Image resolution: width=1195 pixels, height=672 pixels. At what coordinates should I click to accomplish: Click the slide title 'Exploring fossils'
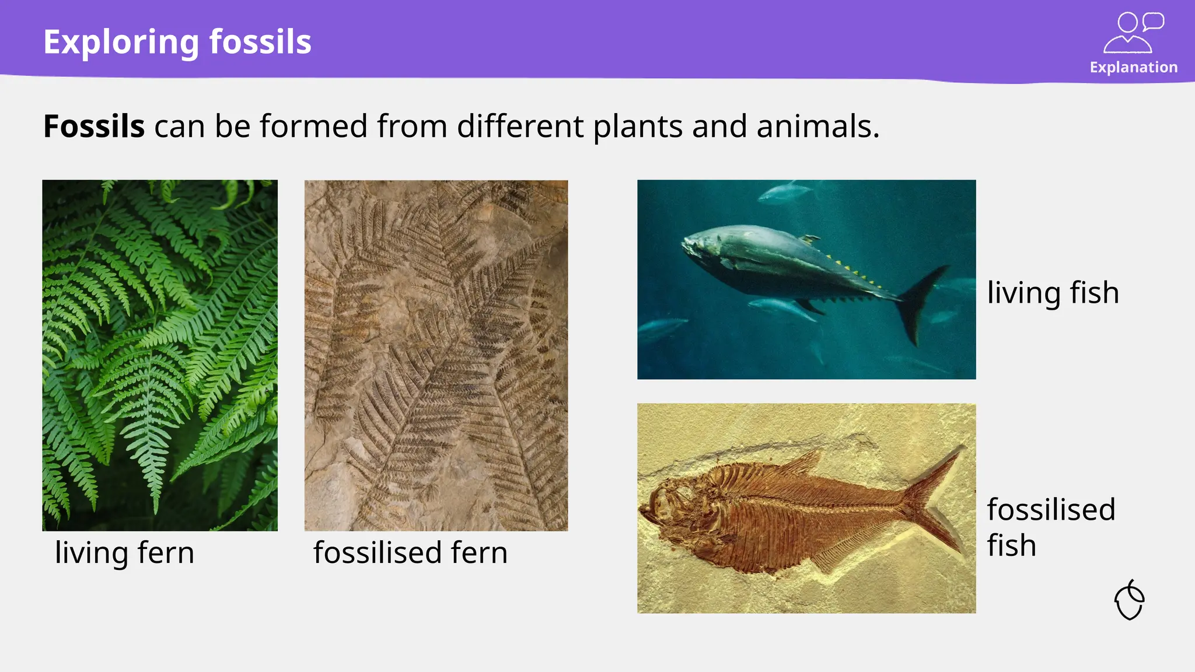[177, 42]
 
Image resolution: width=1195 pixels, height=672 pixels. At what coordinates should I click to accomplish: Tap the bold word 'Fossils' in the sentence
[94, 127]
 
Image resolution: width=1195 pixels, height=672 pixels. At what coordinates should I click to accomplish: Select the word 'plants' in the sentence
[638, 127]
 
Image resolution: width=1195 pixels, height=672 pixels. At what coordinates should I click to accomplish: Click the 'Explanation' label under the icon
[1133, 67]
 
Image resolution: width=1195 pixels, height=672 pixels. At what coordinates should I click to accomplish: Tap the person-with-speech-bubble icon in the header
[1133, 33]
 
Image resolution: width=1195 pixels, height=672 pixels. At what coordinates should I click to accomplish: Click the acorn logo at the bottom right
[1129, 600]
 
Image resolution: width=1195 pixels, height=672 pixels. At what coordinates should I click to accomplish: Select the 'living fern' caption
[124, 552]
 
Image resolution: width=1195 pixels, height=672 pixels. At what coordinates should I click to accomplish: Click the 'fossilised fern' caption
[410, 552]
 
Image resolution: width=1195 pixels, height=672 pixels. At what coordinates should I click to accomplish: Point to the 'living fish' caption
[1053, 292]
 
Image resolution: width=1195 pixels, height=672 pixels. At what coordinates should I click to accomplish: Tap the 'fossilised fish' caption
[1050, 527]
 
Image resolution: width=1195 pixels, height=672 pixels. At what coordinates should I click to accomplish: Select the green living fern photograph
[159, 355]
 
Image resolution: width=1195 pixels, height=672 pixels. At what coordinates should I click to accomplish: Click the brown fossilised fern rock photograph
[436, 355]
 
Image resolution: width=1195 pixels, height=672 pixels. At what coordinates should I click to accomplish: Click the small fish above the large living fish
[785, 191]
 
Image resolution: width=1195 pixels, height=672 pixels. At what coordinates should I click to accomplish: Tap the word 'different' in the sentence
[520, 127]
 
